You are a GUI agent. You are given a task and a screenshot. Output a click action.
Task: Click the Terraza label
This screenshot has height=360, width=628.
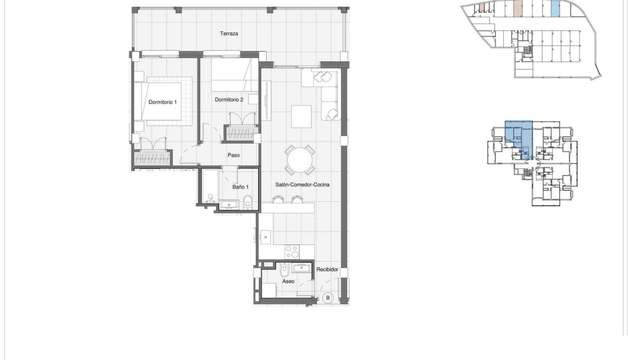[x=229, y=34]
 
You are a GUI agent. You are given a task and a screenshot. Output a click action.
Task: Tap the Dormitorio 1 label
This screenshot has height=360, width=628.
[x=162, y=102]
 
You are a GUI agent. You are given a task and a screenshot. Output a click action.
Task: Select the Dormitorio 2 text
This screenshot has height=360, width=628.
[x=229, y=100]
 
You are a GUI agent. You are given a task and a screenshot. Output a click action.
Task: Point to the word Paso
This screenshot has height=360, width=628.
[x=233, y=155]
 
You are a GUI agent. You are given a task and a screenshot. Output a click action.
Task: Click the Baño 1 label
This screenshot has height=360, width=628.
[x=240, y=187]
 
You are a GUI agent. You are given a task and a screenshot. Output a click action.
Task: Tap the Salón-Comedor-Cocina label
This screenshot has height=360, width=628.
[x=302, y=184]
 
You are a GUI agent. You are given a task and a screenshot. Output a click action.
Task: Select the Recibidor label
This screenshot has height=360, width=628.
[x=327, y=270]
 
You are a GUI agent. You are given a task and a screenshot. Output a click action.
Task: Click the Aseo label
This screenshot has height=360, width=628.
[x=288, y=281]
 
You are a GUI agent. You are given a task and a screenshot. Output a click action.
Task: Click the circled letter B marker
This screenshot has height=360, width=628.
[x=328, y=298]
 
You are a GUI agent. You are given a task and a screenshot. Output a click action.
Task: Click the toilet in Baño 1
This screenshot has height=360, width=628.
[x=248, y=201]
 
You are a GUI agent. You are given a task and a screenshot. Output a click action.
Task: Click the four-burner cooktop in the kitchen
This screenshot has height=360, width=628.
[x=291, y=251]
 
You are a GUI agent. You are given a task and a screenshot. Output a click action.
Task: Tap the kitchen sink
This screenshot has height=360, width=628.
[x=265, y=236]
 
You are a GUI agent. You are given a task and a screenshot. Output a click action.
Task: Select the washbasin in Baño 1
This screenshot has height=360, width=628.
[x=229, y=205]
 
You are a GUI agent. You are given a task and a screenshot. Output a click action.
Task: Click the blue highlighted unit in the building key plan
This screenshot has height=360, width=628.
[x=518, y=138]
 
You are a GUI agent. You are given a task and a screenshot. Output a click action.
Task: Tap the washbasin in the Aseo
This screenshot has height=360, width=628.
[x=301, y=268]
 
